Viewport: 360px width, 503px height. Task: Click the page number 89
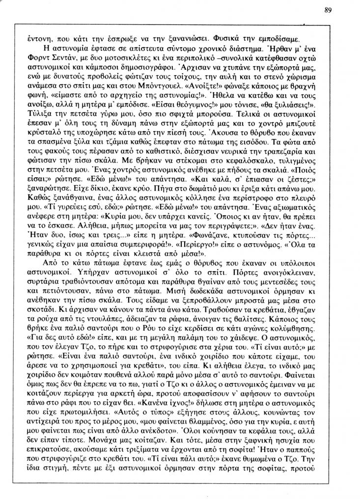[x=329, y=9]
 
